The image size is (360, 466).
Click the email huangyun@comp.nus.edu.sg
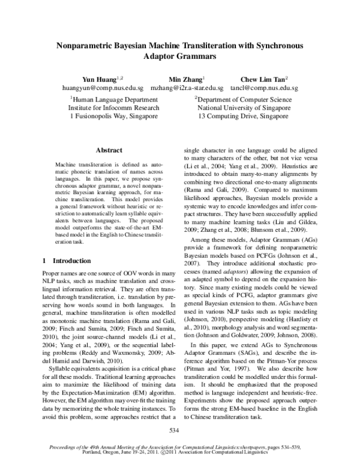coord(106,88)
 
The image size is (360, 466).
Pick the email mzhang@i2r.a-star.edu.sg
coord(187,88)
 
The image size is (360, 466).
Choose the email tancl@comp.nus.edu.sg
coord(265,88)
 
